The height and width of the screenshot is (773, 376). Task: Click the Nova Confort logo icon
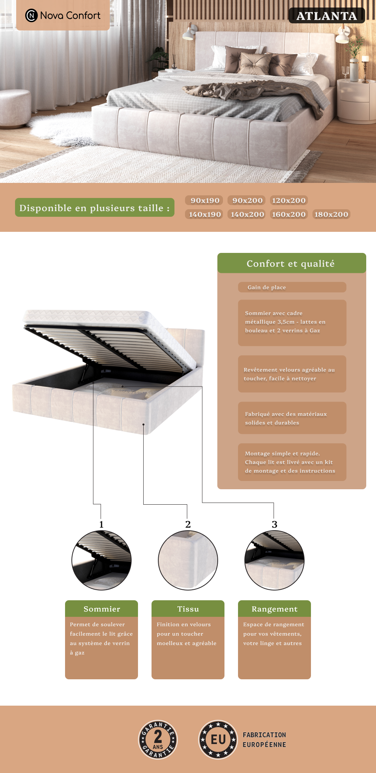(31, 15)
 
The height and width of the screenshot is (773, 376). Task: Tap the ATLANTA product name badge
(327, 16)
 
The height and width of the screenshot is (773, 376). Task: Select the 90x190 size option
(205, 200)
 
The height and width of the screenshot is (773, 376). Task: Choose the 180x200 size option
(331, 214)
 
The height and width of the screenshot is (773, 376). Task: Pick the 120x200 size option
(289, 200)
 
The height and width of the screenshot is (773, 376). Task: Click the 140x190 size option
(205, 214)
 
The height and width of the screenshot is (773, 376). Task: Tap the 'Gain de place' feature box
(292, 287)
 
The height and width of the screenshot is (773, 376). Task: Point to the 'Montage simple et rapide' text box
(292, 462)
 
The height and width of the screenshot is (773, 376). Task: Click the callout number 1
(101, 524)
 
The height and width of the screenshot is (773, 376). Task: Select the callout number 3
(274, 524)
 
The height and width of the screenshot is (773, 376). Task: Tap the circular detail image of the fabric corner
(188, 560)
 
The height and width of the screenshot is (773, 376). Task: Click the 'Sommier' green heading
(102, 609)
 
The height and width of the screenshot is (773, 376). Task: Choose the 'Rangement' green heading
(274, 609)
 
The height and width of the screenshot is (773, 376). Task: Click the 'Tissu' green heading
(188, 609)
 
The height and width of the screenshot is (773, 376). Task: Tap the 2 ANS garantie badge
(158, 740)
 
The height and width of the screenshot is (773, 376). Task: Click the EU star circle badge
(218, 740)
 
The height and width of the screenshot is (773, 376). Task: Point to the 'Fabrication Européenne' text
(264, 740)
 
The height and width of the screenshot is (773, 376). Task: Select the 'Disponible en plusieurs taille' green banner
(95, 207)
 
